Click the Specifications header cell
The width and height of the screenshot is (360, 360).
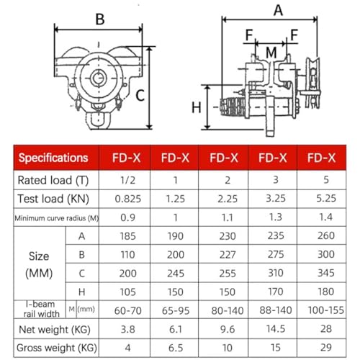coord(53,158)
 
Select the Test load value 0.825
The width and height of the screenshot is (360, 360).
coord(128,199)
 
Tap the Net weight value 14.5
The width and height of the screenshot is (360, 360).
coord(276,329)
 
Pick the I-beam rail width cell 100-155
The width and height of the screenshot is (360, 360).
coord(326,310)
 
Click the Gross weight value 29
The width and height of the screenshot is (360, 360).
coord(326,347)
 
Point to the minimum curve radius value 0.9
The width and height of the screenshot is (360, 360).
coord(128,217)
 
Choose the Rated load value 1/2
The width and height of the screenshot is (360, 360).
coord(128,180)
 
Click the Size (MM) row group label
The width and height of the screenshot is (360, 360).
coord(39,264)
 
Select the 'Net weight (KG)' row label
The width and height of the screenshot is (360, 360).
coord(55,330)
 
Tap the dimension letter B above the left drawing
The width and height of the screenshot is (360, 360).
coord(100,19)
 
